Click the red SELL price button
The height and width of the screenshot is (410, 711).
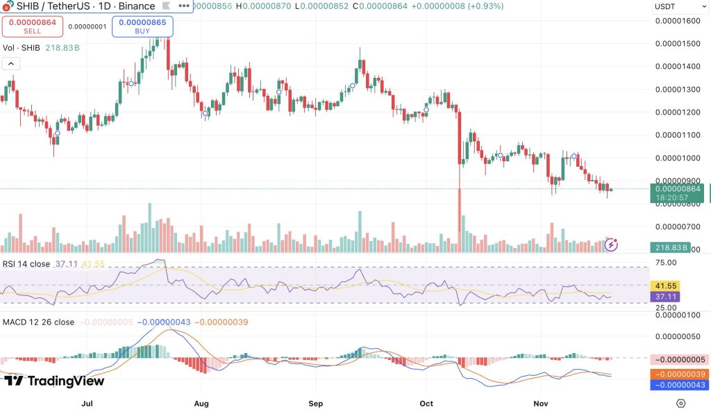click(32, 26)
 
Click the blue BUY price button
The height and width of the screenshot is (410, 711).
click(142, 26)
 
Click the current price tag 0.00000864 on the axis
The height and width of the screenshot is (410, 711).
click(676, 188)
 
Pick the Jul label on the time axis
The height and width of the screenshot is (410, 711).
click(87, 403)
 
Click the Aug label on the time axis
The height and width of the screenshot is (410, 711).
click(201, 403)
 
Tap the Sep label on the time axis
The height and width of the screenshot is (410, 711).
click(316, 403)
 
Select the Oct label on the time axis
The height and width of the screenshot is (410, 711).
click(427, 403)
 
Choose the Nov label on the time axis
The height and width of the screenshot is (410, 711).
click(540, 403)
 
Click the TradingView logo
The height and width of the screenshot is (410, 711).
click(53, 381)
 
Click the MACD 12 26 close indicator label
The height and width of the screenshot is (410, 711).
click(38, 322)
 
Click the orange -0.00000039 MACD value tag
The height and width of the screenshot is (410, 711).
click(679, 374)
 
